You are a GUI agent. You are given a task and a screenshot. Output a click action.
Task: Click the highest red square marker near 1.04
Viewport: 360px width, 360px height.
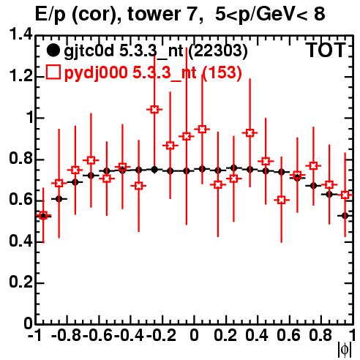coord(154,110)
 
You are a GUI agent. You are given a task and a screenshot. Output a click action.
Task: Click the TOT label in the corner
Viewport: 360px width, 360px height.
coord(326,50)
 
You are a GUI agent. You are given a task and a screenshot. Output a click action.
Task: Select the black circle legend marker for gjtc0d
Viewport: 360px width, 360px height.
coord(53,50)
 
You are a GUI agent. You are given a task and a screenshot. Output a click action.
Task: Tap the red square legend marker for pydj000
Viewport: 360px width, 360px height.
coord(53,72)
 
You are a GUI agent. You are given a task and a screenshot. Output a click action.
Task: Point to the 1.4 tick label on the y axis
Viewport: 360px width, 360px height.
coord(20,34)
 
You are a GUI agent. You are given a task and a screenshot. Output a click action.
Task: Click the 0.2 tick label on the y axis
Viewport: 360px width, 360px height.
coord(20,282)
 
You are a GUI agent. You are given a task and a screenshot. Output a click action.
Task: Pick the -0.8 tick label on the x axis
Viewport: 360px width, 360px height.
coord(67,335)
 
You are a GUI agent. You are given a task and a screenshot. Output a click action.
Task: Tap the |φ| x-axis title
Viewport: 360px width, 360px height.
coord(345,350)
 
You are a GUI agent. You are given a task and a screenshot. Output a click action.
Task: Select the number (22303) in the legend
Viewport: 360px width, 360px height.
coord(218,50)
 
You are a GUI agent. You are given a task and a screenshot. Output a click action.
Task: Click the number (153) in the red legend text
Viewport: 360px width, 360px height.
coord(222,72)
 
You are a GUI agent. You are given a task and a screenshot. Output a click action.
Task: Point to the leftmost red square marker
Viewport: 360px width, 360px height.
coord(43,215)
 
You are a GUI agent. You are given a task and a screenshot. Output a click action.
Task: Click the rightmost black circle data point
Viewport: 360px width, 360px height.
coord(345,216)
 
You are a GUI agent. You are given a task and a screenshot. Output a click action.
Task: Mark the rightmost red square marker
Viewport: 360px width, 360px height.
coord(345,195)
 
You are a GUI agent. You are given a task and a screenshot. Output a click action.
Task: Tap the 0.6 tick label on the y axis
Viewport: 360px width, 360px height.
coord(20,200)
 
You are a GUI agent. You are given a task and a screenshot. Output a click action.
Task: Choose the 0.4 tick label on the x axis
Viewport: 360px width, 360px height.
coord(257,335)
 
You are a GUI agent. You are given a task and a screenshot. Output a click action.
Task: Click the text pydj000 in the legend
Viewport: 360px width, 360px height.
coord(96,73)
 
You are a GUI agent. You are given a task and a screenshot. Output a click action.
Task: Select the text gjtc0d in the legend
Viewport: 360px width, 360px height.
coord(89,51)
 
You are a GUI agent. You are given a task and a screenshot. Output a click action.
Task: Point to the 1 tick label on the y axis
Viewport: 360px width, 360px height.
coord(29,118)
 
